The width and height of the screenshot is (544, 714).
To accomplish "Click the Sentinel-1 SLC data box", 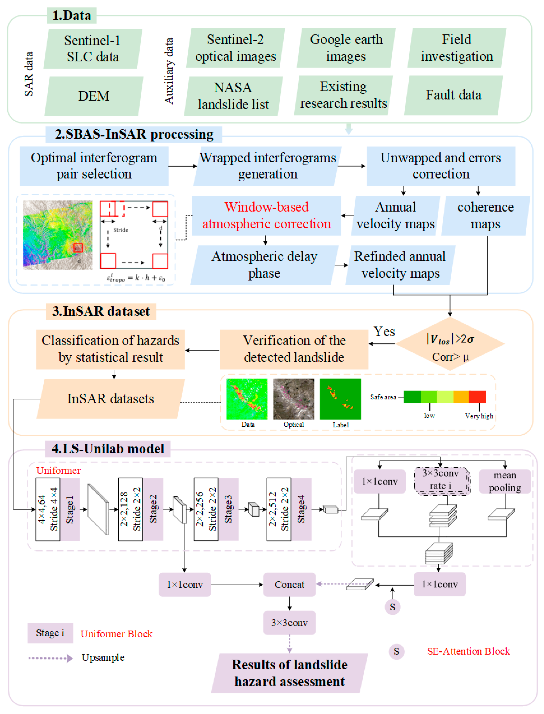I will pos(93,49).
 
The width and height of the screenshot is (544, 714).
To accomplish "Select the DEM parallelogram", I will pos(94,96).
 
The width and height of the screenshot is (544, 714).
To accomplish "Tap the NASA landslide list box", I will pos(233,96).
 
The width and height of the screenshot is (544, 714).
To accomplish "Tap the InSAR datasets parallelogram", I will pos(110,399).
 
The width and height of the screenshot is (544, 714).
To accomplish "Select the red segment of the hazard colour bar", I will pos(477,397).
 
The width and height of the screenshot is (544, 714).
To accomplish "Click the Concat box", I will pos(289,585).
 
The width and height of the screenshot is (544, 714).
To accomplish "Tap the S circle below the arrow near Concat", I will pos(393,607).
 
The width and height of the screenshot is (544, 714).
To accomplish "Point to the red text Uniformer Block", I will pos(116,634).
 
